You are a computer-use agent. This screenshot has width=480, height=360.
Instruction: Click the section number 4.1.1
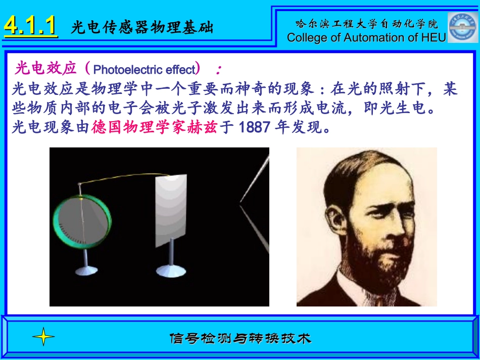30,26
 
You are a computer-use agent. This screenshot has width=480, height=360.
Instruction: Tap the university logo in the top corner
462,26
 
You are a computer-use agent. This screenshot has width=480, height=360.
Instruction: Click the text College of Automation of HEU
367,37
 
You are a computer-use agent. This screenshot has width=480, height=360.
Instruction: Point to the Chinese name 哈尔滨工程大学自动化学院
367,23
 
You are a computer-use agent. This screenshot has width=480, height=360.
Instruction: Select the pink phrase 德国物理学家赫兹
154,127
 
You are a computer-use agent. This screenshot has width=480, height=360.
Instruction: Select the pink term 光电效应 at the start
45,68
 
